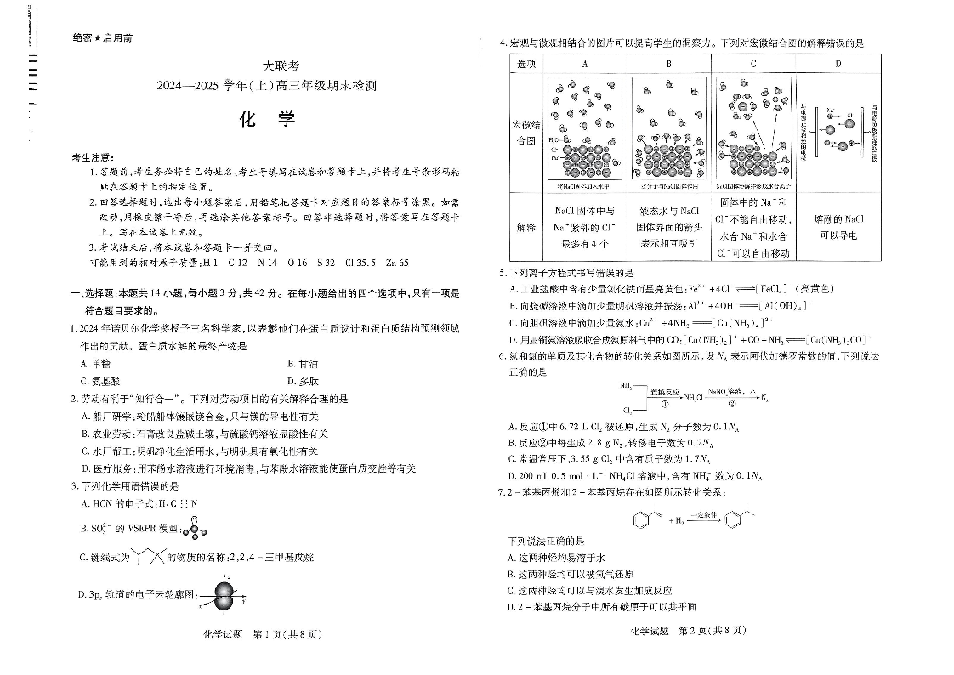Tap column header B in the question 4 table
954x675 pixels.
pos(668,64)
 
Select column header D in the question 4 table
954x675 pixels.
pos(838,64)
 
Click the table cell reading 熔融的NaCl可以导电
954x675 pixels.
pos(838,227)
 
